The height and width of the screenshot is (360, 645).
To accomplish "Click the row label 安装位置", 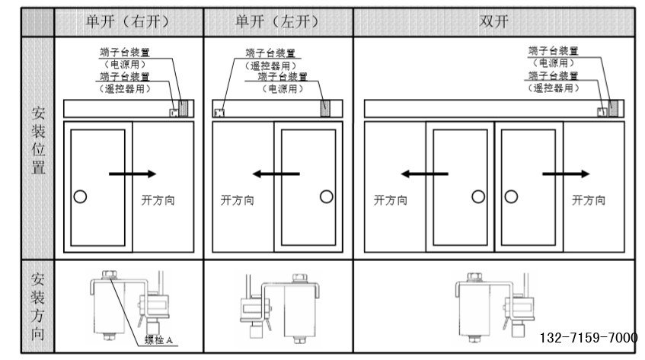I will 37,141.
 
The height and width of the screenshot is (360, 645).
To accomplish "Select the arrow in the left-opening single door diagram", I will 276,174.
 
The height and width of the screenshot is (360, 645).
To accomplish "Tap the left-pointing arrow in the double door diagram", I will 425,174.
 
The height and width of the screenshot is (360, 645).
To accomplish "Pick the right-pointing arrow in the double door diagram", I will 565,174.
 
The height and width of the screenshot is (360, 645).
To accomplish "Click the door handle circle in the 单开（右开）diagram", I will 80,196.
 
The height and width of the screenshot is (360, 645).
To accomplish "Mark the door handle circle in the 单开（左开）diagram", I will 327,196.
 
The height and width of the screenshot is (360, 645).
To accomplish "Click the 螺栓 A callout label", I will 161,339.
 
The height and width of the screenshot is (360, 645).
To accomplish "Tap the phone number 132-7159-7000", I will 589,337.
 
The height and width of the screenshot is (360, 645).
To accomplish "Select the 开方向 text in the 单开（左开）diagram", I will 237,201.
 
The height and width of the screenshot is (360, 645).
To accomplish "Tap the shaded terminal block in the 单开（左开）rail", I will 326,109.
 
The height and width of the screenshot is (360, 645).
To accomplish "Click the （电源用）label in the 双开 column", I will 554,62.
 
